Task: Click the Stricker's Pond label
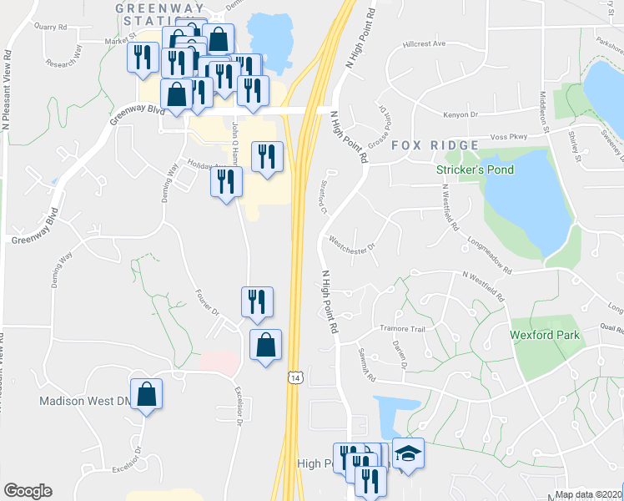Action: [x=476, y=170]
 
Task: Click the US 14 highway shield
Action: [x=294, y=378]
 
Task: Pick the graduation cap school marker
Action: [x=408, y=453]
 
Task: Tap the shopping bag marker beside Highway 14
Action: [x=265, y=345]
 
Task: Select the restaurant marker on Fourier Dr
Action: [x=257, y=302]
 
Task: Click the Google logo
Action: [x=28, y=491]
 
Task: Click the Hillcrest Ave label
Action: [x=424, y=43]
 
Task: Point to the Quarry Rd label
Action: [x=49, y=26]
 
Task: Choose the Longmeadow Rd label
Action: [x=489, y=254]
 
